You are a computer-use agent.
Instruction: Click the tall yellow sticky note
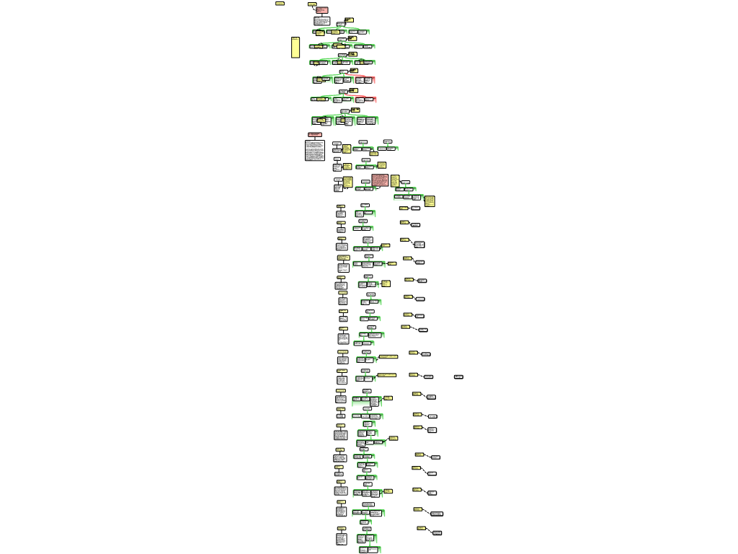click(295, 47)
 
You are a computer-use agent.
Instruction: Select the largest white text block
click(314, 150)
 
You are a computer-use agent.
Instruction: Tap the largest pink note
click(380, 180)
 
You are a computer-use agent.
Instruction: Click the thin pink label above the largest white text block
click(315, 134)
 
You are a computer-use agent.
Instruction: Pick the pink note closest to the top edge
click(321, 10)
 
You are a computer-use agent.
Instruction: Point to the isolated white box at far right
click(458, 377)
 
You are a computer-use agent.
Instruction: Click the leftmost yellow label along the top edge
click(280, 4)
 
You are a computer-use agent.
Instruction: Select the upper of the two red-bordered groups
click(365, 80)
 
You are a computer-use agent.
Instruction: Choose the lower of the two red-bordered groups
click(365, 100)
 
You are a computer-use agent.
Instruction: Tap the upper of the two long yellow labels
click(388, 356)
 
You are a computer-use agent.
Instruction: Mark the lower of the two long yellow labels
click(387, 375)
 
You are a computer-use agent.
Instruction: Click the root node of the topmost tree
click(341, 24)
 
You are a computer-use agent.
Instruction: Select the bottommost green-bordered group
click(370, 550)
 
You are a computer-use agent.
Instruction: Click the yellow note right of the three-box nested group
click(430, 201)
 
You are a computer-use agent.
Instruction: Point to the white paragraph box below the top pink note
click(321, 21)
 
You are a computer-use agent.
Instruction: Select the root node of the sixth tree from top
click(344, 111)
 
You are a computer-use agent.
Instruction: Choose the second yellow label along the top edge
click(312, 4)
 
